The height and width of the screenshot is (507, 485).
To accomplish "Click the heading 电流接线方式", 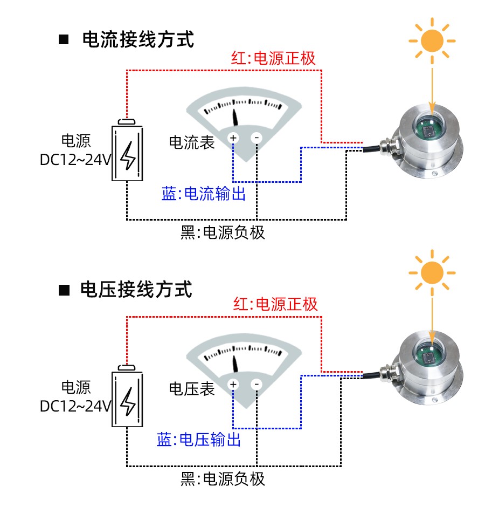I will tap(137, 39).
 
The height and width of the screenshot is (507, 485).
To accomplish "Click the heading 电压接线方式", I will tap(136, 290).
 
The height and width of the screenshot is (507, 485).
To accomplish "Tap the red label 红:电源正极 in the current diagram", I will tap(273, 58).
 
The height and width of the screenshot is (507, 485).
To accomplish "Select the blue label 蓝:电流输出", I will tap(204, 194).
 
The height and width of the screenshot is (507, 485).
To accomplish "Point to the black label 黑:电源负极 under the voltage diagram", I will tap(223, 478).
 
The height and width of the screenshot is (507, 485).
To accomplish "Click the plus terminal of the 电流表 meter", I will tap(233, 138).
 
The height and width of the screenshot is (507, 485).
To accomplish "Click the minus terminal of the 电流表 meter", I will tap(257, 138).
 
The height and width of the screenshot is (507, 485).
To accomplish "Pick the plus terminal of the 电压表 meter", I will tap(233, 385).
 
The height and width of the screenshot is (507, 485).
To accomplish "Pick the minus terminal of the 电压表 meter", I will tap(257, 385).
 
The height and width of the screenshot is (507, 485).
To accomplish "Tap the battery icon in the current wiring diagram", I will tap(128, 152).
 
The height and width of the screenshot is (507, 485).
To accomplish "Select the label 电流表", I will tap(192, 142).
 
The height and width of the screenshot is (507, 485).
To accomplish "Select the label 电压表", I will tap(192, 388).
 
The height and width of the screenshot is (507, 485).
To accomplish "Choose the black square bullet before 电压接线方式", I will tap(64, 290).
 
